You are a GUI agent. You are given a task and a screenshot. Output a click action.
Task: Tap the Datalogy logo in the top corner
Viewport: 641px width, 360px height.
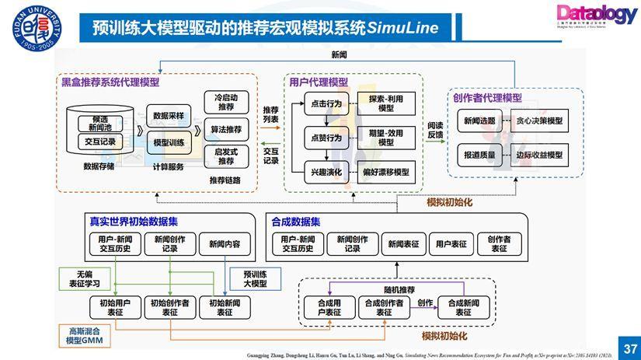pos(595,15)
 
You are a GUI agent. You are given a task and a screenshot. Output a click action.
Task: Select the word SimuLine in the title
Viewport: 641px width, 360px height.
pos(402,29)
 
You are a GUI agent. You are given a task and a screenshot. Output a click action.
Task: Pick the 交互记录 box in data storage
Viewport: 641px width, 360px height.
pos(99,142)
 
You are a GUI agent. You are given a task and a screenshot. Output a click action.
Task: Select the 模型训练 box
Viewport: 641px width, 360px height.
pos(169,143)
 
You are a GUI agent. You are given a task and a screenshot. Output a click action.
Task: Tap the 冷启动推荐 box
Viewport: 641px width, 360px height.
pos(226,102)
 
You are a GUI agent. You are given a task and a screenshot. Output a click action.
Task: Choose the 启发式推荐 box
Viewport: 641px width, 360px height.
pos(226,156)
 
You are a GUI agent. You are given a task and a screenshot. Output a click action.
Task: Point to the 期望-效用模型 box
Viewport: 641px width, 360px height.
pos(385,138)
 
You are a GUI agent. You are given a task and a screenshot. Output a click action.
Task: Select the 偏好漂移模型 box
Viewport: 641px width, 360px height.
pos(385,172)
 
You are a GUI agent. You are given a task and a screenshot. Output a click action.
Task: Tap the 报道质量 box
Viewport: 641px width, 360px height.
pos(479,155)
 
